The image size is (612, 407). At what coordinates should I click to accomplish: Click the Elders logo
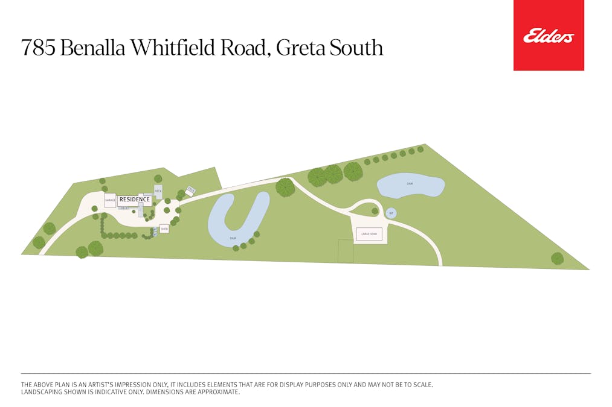pyautogui.click(x=549, y=36)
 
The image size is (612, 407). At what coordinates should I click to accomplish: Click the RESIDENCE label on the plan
pyautogui.click(x=134, y=200)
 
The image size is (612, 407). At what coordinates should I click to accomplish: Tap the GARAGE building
pyautogui.click(x=110, y=200)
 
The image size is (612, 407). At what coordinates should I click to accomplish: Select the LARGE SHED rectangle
pyautogui.click(x=369, y=233)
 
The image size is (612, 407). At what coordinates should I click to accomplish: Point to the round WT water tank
pyautogui.click(x=391, y=213)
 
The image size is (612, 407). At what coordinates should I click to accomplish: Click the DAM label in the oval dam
pyautogui.click(x=410, y=183)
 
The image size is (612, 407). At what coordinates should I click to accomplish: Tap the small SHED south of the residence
pyautogui.click(x=164, y=229)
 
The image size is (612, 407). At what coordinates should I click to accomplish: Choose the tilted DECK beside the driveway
pyautogui.click(x=191, y=191)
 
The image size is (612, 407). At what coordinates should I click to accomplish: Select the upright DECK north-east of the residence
pyautogui.click(x=158, y=192)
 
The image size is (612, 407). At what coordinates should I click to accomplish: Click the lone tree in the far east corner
pyautogui.click(x=557, y=258)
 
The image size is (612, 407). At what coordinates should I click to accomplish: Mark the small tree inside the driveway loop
pyautogui.click(x=375, y=211)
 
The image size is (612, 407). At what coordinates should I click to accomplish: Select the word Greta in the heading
pyautogui.click(x=300, y=48)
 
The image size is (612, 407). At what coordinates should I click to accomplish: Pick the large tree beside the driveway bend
pyautogui.click(x=285, y=187)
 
